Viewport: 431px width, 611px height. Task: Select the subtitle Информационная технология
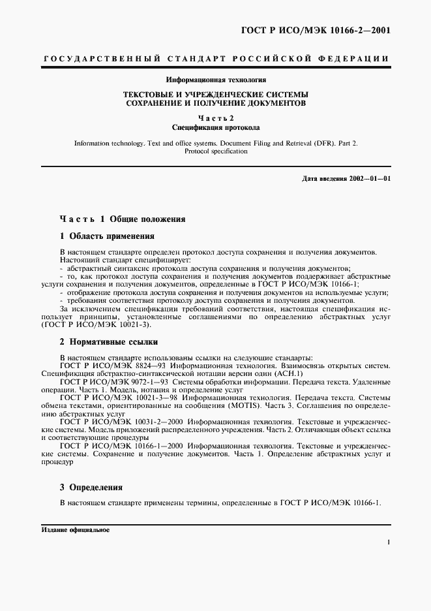click(x=216, y=80)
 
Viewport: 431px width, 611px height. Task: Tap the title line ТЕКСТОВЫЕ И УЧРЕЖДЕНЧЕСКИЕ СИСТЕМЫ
click(x=216, y=94)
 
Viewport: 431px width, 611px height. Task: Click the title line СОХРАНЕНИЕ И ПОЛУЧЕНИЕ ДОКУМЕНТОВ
click(x=216, y=103)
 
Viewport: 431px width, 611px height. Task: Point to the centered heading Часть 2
click(x=216, y=118)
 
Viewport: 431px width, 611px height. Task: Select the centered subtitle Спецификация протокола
click(x=216, y=127)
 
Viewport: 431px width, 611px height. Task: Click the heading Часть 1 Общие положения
click(x=123, y=219)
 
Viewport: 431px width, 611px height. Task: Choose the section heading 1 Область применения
click(x=107, y=236)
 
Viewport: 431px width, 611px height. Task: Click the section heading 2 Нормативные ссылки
click(x=108, y=341)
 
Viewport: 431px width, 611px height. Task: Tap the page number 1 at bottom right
click(x=388, y=542)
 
